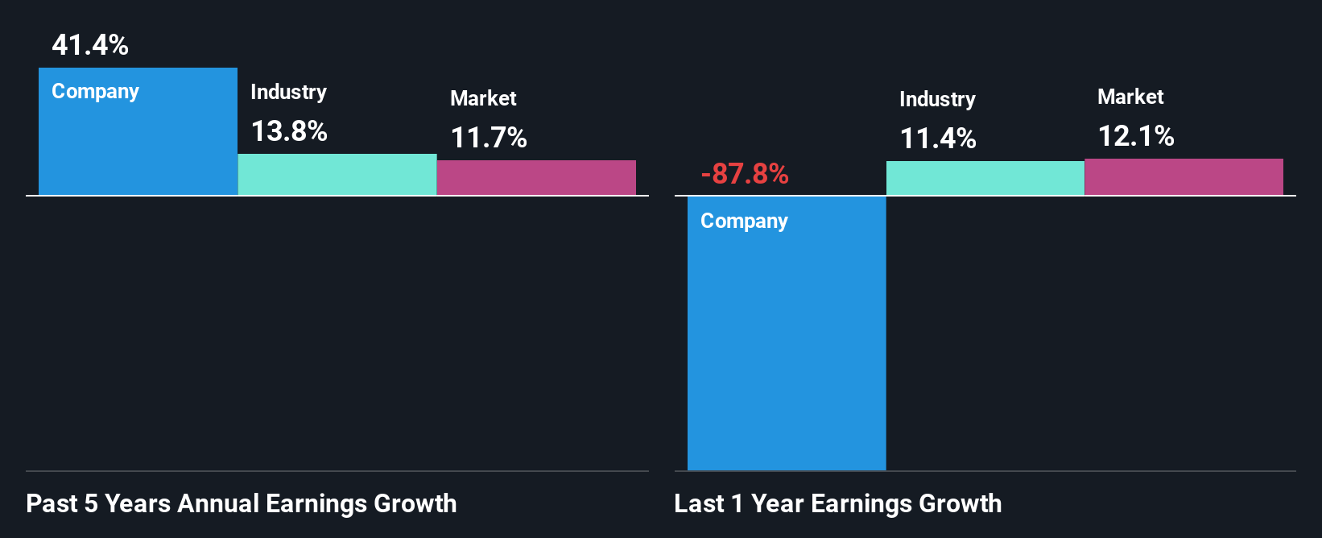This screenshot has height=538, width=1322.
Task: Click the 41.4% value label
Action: point(90,45)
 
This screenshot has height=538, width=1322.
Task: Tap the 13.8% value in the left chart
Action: point(289,131)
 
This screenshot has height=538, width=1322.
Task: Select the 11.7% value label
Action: point(489,138)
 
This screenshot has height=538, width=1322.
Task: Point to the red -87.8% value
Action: point(745,174)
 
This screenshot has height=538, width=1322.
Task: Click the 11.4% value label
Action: point(938,139)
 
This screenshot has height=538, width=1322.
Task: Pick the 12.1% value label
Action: point(1136,136)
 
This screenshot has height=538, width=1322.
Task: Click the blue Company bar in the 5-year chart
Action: point(138,145)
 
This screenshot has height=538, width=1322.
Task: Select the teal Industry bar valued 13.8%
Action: point(337,175)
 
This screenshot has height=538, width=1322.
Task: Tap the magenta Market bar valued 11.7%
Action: point(536,178)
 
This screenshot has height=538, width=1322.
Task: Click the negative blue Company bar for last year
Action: point(787,346)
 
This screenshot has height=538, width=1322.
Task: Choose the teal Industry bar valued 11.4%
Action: point(985,178)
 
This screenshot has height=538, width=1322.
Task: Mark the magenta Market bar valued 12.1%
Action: point(1184,177)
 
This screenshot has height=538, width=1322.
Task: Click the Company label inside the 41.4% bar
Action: point(95,92)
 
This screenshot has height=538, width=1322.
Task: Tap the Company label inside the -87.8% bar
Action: point(744,221)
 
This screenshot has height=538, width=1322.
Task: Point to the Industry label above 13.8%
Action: point(288,93)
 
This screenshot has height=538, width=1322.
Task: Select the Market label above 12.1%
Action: point(1130,97)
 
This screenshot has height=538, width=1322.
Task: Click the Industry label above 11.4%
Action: point(937,100)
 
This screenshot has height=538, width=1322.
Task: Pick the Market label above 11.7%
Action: point(483,99)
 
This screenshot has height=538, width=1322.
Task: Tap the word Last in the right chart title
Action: point(699,504)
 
